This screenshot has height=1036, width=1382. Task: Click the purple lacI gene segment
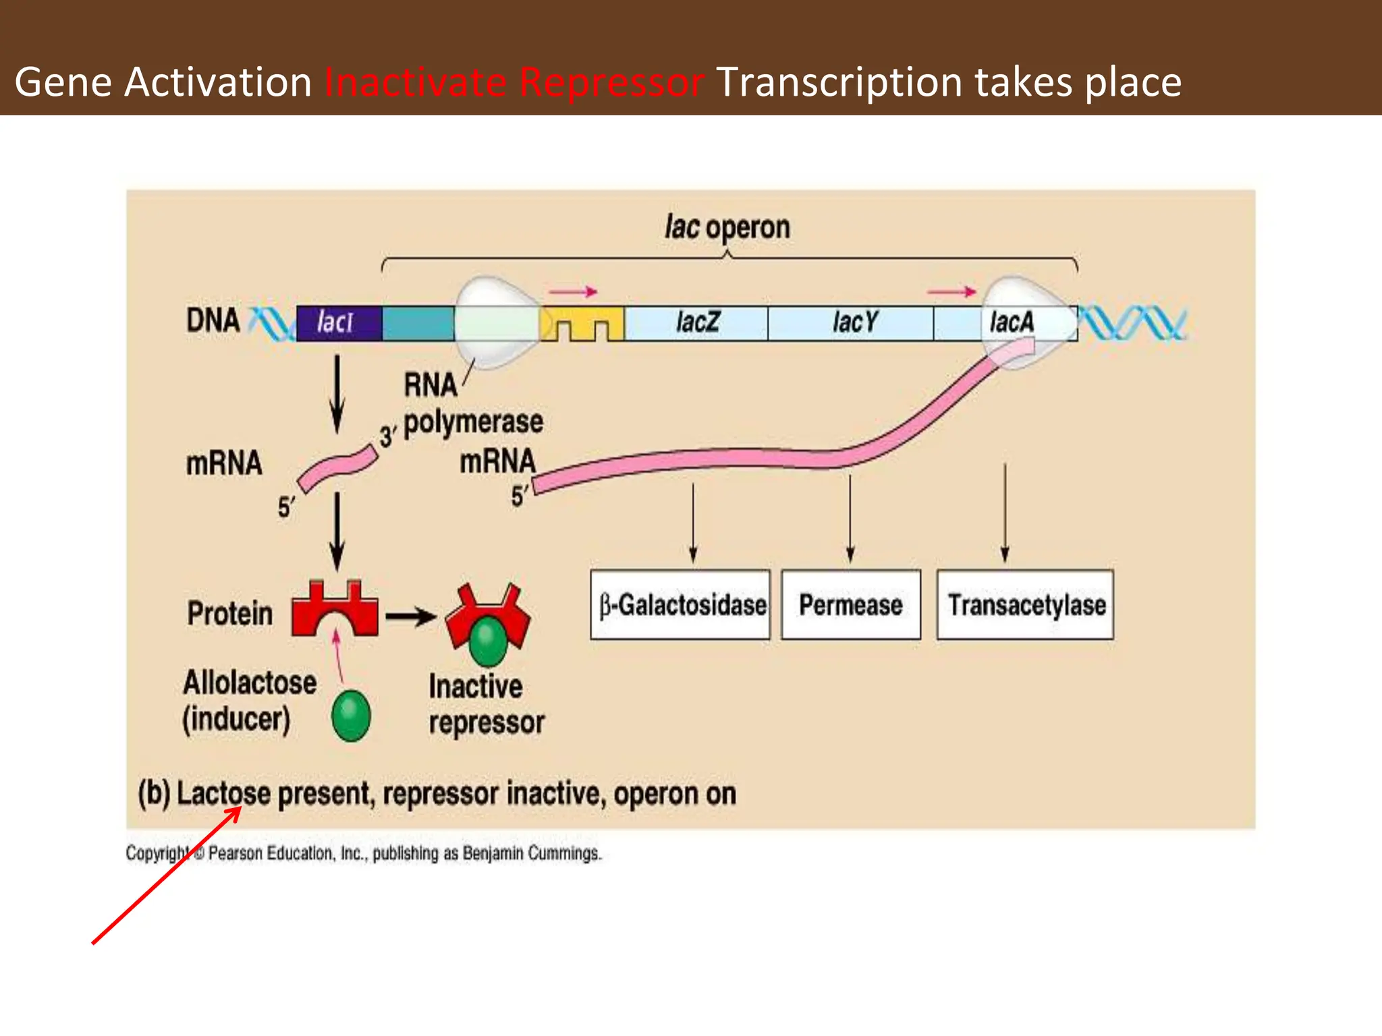point(339,322)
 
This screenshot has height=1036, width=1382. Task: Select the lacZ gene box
point(696,322)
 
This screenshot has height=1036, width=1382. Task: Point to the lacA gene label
point(1011,322)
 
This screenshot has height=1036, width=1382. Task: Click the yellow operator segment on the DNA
point(582,322)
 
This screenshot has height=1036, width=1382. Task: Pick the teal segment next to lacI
point(418,322)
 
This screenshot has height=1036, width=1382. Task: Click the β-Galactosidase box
point(680,604)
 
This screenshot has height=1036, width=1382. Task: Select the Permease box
point(850,604)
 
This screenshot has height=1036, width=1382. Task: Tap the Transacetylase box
point(1025,604)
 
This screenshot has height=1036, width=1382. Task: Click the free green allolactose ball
point(351,715)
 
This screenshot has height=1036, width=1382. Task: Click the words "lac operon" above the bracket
point(727,227)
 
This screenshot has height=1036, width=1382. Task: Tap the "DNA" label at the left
point(213,320)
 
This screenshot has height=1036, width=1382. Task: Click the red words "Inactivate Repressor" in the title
point(514,82)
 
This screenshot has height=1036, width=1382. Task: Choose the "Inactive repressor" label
point(486,704)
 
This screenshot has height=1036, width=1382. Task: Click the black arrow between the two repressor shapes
point(411,616)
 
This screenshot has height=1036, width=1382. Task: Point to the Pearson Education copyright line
point(363,854)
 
